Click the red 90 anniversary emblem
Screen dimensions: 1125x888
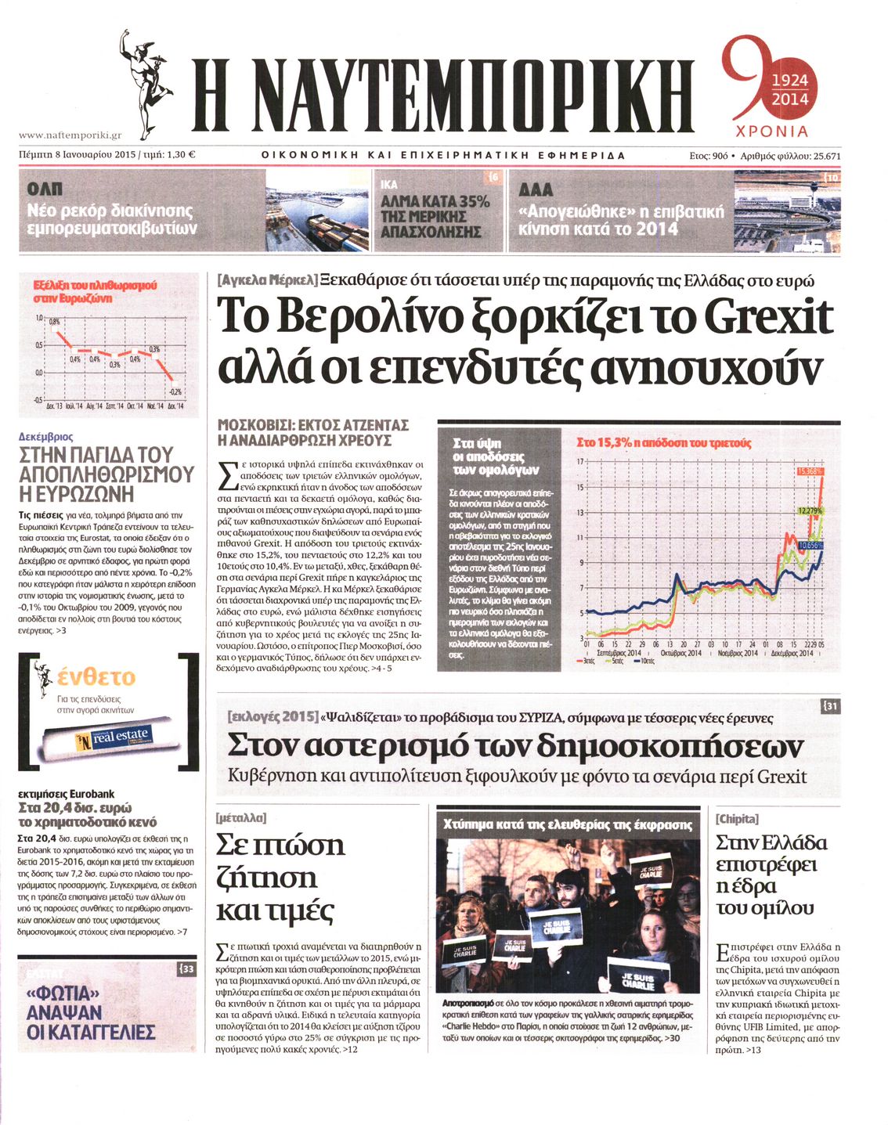click(x=767, y=86)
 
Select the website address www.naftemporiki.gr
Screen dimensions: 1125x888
click(x=70, y=135)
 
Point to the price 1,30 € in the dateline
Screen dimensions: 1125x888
click(x=181, y=155)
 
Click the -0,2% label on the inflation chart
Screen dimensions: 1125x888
click(x=175, y=391)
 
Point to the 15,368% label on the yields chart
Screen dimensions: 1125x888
click(x=810, y=471)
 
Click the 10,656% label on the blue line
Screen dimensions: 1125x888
click(x=811, y=545)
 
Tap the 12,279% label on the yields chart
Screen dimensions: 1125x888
click(x=810, y=510)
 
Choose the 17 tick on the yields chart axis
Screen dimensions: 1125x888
click(x=580, y=461)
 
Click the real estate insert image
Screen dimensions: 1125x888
click(x=98, y=738)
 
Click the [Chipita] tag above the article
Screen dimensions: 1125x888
click(x=737, y=818)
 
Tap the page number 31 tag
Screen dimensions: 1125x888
click(x=830, y=707)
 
